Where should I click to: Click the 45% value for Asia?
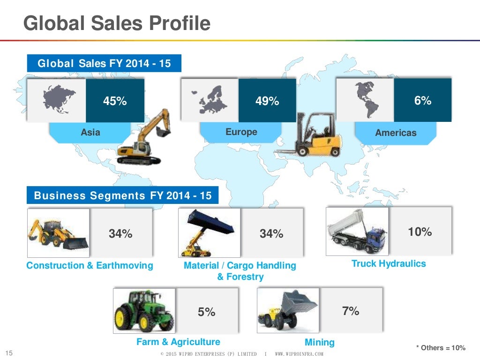pos(115,101)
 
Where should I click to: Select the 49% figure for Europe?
pos(267,101)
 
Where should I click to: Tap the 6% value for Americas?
pos(423,100)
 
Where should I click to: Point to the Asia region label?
pos(90,132)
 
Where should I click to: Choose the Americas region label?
pos(396,133)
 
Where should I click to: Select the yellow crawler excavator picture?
pos(143,138)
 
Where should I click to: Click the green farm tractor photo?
pos(143,310)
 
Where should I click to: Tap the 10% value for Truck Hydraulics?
pos(420,232)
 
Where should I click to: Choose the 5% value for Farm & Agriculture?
pos(206,312)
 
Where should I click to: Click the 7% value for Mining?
pos(351,310)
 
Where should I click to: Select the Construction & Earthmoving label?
pos(90,266)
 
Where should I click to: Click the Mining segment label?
pos(320,342)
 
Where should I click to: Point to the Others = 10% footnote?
pos(441,347)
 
